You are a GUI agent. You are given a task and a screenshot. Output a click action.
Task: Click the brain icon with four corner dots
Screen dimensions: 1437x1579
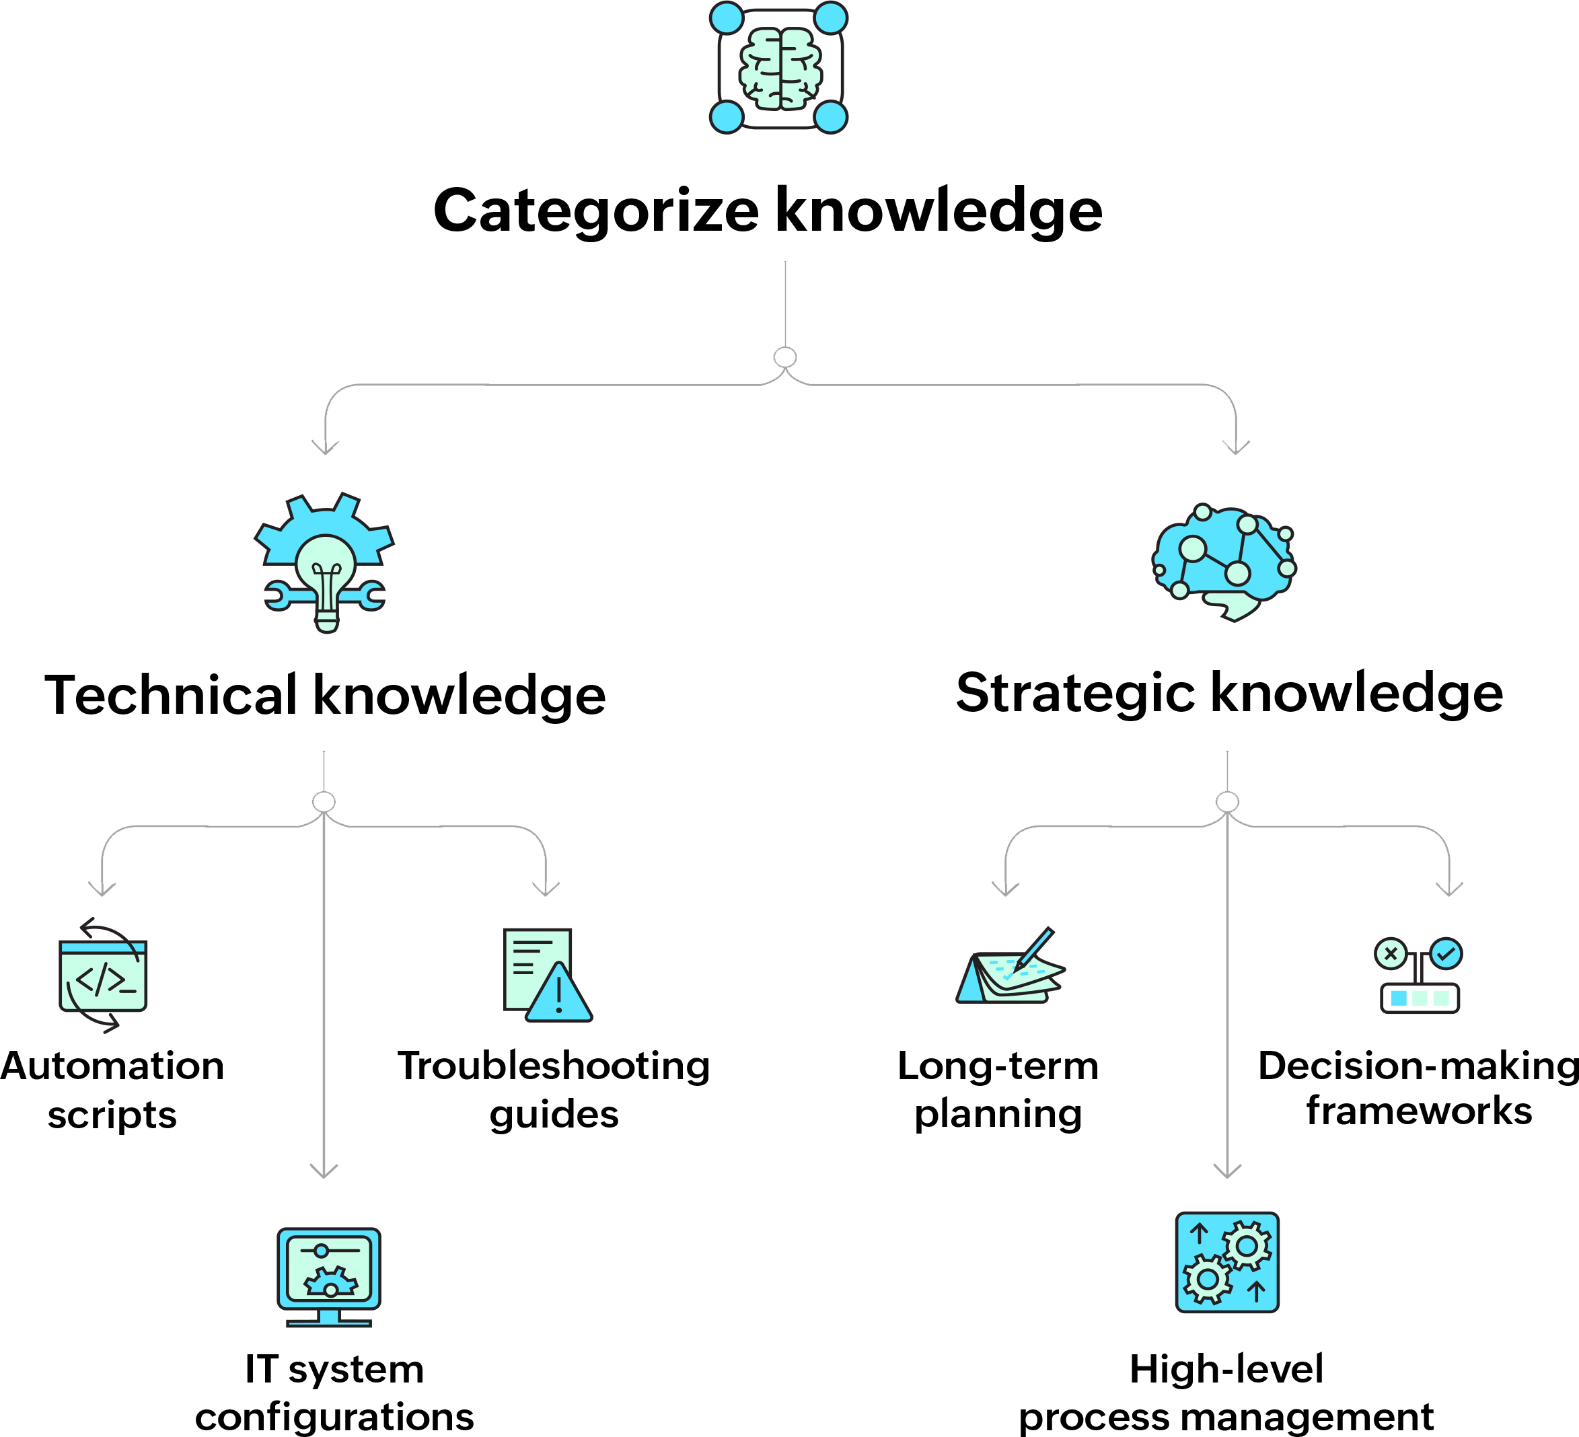[x=779, y=68]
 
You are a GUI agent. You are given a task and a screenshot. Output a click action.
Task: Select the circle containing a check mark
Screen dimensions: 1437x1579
[x=1446, y=954]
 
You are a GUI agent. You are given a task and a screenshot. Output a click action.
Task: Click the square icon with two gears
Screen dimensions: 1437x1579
[x=1226, y=1262]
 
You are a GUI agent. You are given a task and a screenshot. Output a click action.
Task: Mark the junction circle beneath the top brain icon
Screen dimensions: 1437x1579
[x=785, y=357]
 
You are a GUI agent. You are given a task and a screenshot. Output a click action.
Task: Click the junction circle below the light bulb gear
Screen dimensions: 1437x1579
[x=324, y=802]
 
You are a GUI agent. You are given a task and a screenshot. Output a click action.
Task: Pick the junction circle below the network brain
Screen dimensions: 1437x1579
[x=1226, y=802]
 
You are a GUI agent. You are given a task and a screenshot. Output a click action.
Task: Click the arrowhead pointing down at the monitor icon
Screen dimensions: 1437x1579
[x=324, y=1170]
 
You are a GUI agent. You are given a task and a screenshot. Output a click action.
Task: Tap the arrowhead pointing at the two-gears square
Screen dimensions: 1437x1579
[x=1226, y=1170]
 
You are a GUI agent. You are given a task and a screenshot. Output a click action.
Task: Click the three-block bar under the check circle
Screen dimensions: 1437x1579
[x=1420, y=998]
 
